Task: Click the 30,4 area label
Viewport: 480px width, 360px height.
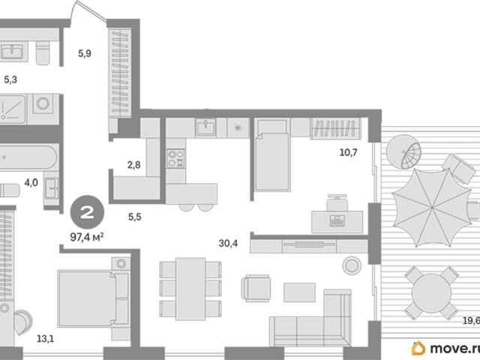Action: coord(228,243)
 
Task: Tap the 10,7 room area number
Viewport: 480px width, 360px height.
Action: coord(348,152)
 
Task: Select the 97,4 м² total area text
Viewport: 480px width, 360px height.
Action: coord(87,237)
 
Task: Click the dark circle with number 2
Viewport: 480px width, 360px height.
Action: coord(87,212)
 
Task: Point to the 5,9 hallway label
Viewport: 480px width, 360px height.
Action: coord(85,53)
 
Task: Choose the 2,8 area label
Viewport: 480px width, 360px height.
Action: coord(134,165)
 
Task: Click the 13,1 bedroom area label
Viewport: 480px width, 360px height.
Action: coord(45,339)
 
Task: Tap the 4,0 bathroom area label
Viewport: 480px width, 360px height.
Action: coord(31,183)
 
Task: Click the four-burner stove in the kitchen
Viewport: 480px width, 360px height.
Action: coord(176,158)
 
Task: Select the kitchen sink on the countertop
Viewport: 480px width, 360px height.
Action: coord(206,127)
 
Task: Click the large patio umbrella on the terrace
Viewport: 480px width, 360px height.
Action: coord(432,207)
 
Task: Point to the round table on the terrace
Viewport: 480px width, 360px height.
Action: coord(432,293)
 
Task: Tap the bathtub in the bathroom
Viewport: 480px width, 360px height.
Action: coord(28,157)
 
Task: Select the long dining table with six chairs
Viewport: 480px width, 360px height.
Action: coord(190,289)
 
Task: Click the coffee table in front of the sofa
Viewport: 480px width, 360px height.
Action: coord(299,292)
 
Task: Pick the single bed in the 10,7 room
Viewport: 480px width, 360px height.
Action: coord(272,155)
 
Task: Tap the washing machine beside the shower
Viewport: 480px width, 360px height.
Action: coord(43,104)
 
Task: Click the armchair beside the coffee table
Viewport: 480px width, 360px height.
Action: coord(256,288)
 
